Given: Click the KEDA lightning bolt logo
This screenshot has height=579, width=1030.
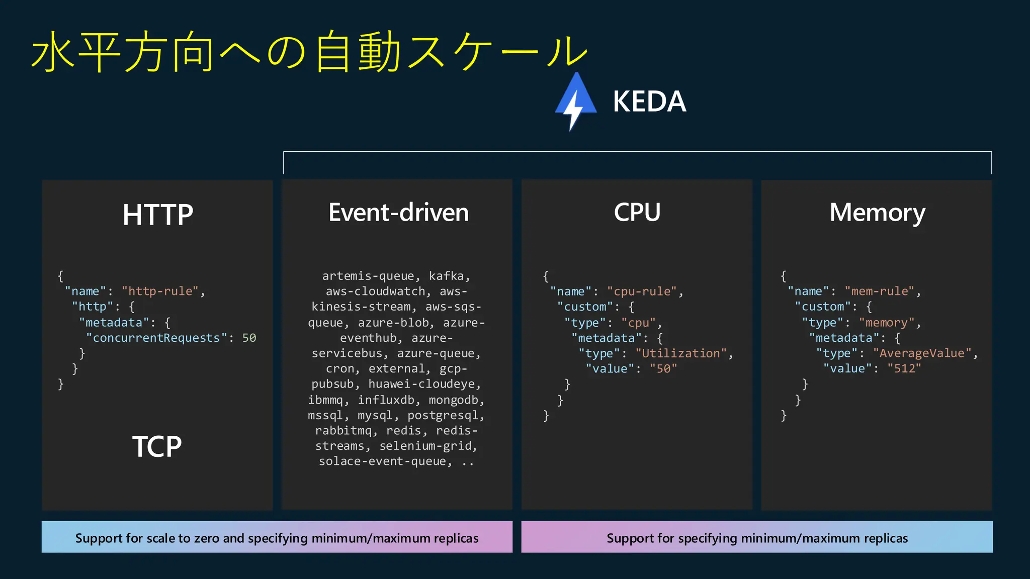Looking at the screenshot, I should (575, 102).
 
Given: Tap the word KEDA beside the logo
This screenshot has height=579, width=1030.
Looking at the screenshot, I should (649, 102).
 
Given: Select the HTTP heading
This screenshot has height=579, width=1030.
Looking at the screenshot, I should (157, 215).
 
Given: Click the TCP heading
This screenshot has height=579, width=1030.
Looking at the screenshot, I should (157, 446).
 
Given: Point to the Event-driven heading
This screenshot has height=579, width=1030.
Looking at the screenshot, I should (398, 213).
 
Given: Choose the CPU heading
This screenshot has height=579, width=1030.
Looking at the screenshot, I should (637, 213).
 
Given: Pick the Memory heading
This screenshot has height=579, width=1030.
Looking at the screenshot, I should (877, 213).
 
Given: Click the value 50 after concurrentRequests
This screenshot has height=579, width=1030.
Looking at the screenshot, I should (249, 338).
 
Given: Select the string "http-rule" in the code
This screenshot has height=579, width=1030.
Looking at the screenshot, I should (160, 291).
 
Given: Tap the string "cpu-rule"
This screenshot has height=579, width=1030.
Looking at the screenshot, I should (642, 292).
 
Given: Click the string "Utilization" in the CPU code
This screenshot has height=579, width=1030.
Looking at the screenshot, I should (681, 353).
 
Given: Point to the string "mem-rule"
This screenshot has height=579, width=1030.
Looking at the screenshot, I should (880, 291).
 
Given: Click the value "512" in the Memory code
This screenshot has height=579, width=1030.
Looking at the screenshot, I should (904, 368).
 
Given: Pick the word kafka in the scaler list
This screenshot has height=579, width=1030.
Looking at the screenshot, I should (446, 276).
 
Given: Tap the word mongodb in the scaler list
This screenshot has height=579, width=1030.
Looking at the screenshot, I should (453, 400).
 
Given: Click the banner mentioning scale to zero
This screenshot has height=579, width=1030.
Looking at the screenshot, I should (277, 537).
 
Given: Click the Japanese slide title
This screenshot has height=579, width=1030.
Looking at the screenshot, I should (309, 51).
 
